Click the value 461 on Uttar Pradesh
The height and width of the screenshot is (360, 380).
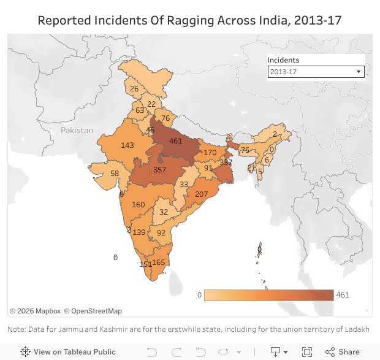[176, 141]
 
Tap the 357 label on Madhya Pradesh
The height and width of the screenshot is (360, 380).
[160, 170]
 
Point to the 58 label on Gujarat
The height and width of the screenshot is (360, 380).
[114, 174]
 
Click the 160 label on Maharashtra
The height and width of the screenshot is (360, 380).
[139, 205]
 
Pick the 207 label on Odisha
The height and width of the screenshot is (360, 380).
[201, 194]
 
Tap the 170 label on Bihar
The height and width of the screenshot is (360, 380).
[210, 152]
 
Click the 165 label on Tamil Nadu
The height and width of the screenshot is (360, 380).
[159, 262]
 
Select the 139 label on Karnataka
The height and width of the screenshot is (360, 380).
[139, 232]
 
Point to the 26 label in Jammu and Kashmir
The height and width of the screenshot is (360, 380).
[134, 89]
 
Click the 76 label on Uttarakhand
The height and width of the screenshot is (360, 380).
[165, 118]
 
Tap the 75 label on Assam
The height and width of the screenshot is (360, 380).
[245, 150]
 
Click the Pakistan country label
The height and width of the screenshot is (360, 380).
[77, 130]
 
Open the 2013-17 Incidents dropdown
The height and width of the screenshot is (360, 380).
[316, 72]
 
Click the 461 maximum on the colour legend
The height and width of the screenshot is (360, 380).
[343, 295]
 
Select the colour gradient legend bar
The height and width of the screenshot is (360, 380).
[269, 295]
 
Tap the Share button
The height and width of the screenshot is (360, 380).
[343, 352]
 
